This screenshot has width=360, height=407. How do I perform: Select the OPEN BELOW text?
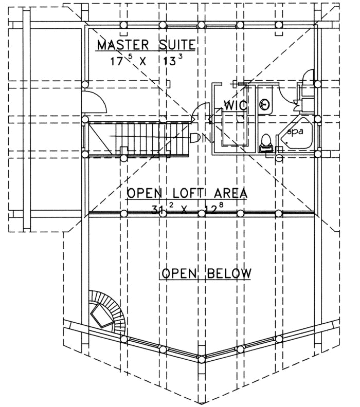pos(205,272)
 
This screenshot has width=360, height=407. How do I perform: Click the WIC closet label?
pos(236,106)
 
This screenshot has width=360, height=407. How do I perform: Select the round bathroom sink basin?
pos(266,105)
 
